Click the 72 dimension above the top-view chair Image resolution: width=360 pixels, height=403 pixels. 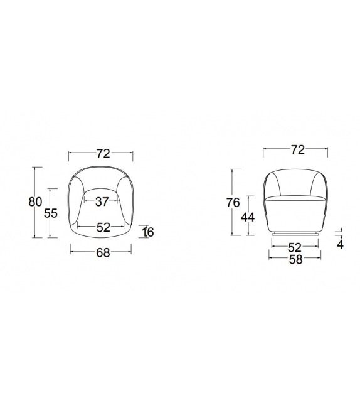(103, 153)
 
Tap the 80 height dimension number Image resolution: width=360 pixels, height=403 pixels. (35, 201)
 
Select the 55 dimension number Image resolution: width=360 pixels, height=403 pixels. (51, 213)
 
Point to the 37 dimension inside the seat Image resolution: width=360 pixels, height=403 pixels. (102, 201)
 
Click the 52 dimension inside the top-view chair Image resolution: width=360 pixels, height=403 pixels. (103, 227)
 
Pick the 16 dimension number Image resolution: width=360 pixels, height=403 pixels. (147, 232)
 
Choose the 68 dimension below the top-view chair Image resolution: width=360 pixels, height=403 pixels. (103, 253)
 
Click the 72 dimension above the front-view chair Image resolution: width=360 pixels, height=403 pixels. (298, 149)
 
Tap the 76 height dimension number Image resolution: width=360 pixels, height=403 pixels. (233, 203)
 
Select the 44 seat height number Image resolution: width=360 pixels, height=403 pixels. (248, 217)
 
